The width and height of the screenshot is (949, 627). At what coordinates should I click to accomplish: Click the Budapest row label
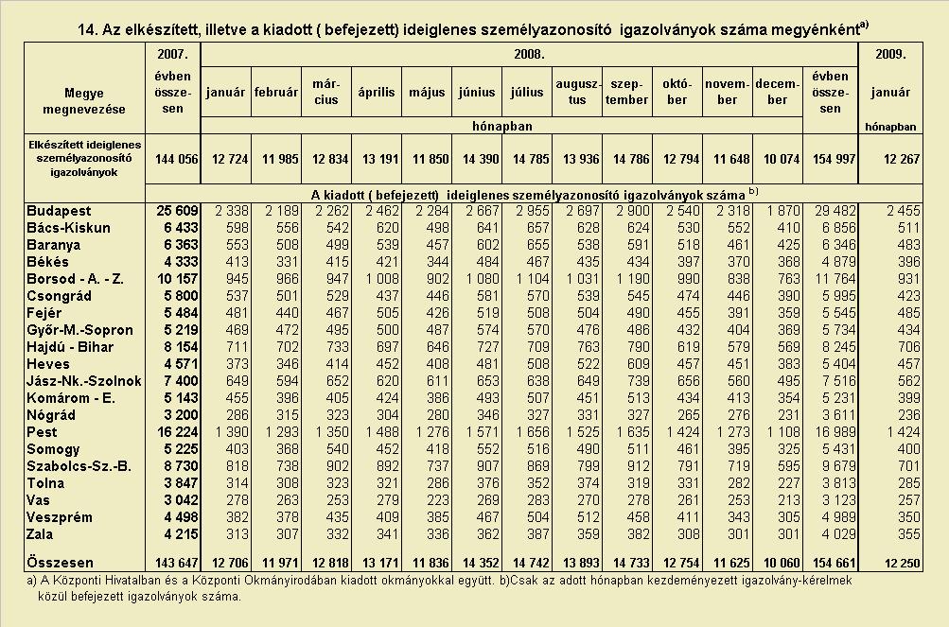tap(59, 211)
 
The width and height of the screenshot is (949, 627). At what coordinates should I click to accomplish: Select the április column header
tap(376, 92)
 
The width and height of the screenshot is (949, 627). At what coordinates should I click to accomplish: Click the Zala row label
tap(40, 534)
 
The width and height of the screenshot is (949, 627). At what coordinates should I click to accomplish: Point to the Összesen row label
tap(60, 563)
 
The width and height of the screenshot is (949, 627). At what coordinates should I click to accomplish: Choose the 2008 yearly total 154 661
tap(834, 563)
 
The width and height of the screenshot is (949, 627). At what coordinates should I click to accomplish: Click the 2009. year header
tap(890, 54)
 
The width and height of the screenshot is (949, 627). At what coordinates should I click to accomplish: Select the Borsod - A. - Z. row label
tap(75, 279)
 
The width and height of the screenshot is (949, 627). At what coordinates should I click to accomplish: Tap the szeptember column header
tap(626, 92)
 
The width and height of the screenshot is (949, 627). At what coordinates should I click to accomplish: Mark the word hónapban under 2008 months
tap(501, 126)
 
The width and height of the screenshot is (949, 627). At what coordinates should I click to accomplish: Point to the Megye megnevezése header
tap(84, 101)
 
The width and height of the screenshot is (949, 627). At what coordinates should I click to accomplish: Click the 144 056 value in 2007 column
tap(177, 159)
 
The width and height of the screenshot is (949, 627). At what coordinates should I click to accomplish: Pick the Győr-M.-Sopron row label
tap(79, 330)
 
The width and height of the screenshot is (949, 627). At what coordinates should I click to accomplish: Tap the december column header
tap(778, 92)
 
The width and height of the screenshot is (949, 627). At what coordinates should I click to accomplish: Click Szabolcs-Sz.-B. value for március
tap(337, 466)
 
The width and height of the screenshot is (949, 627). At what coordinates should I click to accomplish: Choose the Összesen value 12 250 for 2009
tap(902, 563)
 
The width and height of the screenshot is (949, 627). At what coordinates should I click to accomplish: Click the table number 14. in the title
tap(88, 29)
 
